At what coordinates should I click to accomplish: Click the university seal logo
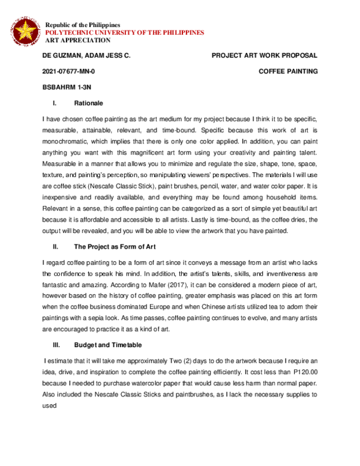[25, 31]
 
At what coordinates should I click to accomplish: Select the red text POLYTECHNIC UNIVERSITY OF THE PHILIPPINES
[125, 32]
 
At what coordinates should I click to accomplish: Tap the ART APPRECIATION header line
[78, 41]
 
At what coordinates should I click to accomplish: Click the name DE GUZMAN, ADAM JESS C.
[86, 56]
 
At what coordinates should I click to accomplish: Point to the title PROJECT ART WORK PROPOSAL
[265, 56]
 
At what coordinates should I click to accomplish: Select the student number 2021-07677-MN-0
[68, 71]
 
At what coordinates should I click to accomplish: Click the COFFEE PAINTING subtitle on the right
[287, 71]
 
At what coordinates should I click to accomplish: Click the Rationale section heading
[88, 103]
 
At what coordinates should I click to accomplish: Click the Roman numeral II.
[56, 246]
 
